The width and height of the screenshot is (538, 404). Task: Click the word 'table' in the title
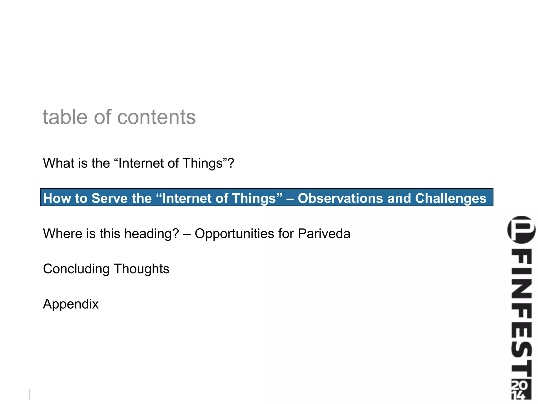pos(65,117)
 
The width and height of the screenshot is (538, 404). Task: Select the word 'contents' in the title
pos(156,118)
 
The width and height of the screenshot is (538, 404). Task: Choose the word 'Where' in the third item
pos(63,234)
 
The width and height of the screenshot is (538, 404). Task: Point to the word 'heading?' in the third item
pos(152,234)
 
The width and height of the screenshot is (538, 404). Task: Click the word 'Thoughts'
pos(142,269)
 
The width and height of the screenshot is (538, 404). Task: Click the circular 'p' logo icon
pos(521,230)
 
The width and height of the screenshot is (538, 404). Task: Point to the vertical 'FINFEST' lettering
pos(521,313)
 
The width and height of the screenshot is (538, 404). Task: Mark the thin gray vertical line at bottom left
pos(30,395)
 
